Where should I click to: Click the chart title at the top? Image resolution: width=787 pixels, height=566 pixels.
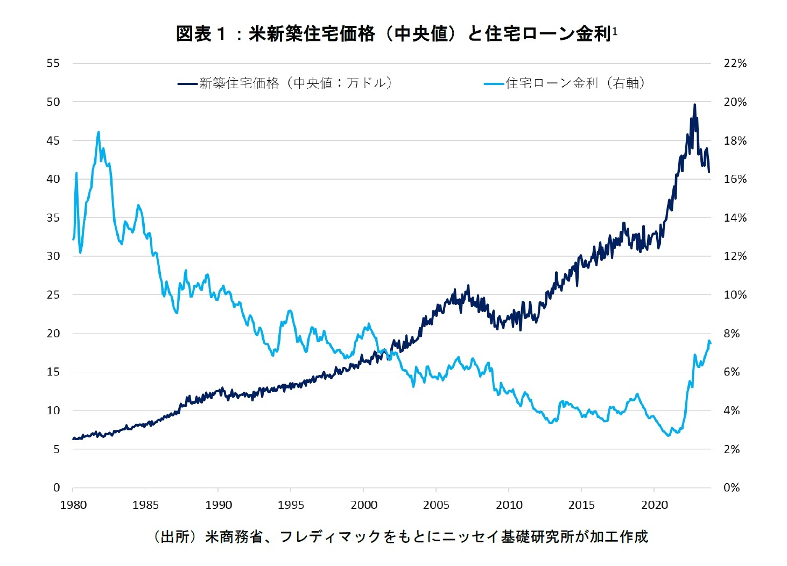pyautogui.click(x=396, y=34)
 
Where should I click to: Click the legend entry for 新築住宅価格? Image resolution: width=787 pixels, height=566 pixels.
pyautogui.click(x=285, y=83)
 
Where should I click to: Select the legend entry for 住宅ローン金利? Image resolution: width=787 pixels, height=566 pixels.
pyautogui.click(x=565, y=83)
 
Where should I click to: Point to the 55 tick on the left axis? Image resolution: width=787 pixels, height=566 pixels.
pyautogui.click(x=53, y=63)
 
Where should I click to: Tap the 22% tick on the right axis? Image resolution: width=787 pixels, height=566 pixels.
pyautogui.click(x=735, y=63)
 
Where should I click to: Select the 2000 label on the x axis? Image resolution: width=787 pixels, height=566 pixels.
pyautogui.click(x=364, y=505)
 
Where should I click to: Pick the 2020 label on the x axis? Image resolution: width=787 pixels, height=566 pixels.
pyautogui.click(x=655, y=505)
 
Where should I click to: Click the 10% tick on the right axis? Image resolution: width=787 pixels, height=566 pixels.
pyautogui.click(x=735, y=295)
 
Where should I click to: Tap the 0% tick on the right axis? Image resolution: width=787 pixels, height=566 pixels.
pyautogui.click(x=732, y=488)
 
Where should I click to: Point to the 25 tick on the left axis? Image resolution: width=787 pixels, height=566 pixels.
pyautogui.click(x=53, y=295)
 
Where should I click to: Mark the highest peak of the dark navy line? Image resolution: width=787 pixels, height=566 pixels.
pyautogui.click(x=694, y=105)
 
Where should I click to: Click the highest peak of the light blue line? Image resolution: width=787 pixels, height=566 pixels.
pyautogui.click(x=99, y=132)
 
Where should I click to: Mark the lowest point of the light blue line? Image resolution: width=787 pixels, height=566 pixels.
pyautogui.click(x=668, y=435)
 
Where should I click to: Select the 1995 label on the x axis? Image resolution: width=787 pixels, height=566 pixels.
pyautogui.click(x=291, y=505)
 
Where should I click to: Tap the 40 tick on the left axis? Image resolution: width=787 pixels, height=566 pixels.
pyautogui.click(x=53, y=179)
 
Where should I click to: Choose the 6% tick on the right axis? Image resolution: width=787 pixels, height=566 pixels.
pyautogui.click(x=732, y=372)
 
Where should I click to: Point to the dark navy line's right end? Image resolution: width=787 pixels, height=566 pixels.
pyautogui.click(x=709, y=172)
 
